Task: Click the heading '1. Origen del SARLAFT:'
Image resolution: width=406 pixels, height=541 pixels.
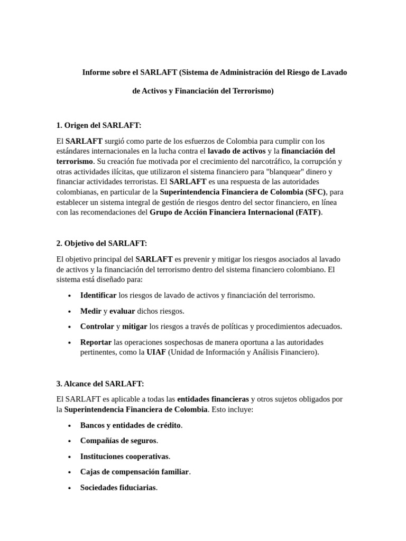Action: pyautogui.click(x=98, y=125)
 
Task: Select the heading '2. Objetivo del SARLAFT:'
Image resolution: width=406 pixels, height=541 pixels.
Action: pyautogui.click(x=101, y=243)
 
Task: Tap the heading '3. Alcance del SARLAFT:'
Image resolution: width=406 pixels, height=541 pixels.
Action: pyautogui.click(x=100, y=383)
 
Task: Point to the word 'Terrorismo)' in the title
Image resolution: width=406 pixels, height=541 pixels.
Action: pyautogui.click(x=254, y=91)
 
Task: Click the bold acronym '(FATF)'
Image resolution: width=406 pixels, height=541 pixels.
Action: pyautogui.click(x=309, y=212)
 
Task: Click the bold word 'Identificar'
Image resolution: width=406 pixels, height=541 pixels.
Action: pyautogui.click(x=98, y=295)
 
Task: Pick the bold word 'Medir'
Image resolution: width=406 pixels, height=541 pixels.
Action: pyautogui.click(x=91, y=311)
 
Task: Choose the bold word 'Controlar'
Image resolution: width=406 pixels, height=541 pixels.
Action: pyautogui.click(x=97, y=327)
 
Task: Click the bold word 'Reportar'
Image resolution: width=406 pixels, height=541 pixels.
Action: pyautogui.click(x=96, y=342)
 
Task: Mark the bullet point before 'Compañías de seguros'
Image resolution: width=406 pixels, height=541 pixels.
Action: pyautogui.click(x=69, y=441)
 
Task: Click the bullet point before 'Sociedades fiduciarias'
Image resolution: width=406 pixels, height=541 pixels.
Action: pyautogui.click(x=69, y=488)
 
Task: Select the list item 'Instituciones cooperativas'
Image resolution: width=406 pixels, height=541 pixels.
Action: pyautogui.click(x=124, y=456)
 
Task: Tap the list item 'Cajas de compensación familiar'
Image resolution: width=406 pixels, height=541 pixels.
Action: pyautogui.click(x=134, y=472)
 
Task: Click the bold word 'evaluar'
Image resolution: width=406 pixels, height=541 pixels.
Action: pyautogui.click(x=122, y=311)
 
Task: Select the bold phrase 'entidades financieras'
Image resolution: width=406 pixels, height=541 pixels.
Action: pyautogui.click(x=213, y=399)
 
